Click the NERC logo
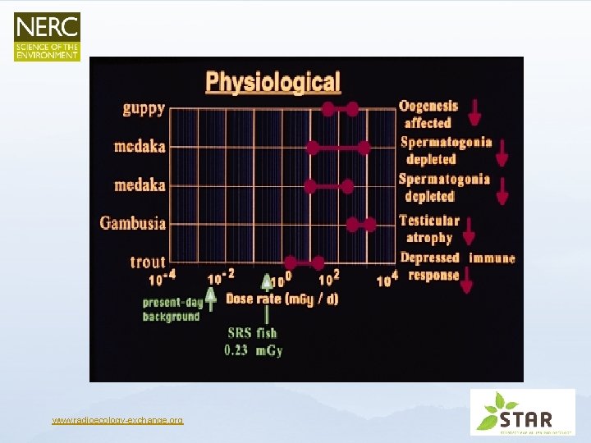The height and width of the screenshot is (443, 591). [x=47, y=36]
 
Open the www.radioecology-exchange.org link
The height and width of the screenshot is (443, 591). [x=117, y=421]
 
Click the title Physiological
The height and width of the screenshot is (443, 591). [x=273, y=82]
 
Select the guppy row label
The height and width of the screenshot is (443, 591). [x=144, y=108]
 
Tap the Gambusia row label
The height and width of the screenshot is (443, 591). [x=133, y=223]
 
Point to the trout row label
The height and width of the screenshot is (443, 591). [x=148, y=263]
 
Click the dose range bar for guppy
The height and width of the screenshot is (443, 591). [x=340, y=108]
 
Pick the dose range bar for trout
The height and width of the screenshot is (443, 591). [x=305, y=263]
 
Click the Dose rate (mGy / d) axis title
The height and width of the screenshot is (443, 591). [x=282, y=299]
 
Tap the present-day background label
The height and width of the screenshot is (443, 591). [x=171, y=309]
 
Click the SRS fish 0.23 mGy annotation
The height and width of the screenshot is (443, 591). [x=253, y=342]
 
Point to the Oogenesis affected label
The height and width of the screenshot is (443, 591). [x=428, y=114]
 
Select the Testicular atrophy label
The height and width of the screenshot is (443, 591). [x=428, y=229]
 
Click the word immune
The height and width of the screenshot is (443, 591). [x=492, y=258]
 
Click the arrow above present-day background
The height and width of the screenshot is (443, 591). [x=211, y=300]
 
